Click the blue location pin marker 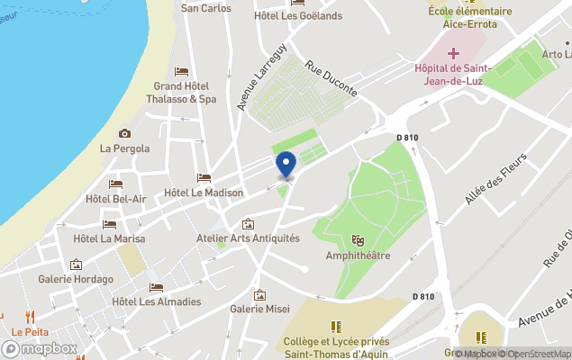pos(286,164)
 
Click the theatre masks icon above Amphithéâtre pos(358,241)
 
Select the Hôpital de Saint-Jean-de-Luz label pos(450,75)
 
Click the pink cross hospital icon pos(453,54)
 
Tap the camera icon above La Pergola pos(124,134)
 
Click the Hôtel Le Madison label pos(204,193)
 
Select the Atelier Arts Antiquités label pos(248,238)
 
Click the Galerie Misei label pos(259,309)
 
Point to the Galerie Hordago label pos(76,279)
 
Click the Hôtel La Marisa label pos(109,238)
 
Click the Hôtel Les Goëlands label pos(286,15)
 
